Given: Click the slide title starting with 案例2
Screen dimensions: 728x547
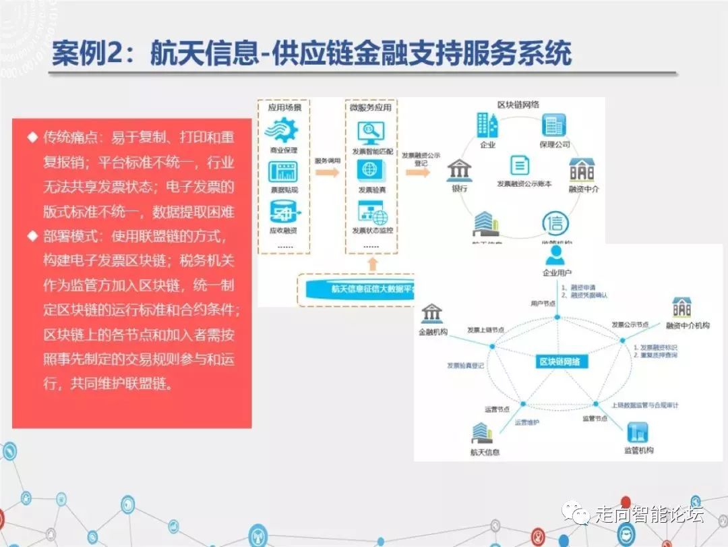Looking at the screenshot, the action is point(311,53).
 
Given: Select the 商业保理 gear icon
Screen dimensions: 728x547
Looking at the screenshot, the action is point(283,129).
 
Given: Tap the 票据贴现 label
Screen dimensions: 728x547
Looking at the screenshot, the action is point(283,190).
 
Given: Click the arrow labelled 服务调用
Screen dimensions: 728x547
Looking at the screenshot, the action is point(327,173).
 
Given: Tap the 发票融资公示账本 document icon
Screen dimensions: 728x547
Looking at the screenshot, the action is point(519,165).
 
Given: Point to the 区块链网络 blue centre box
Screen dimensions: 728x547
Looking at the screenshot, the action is point(560,362).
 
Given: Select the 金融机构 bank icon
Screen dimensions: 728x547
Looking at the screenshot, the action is point(431,314).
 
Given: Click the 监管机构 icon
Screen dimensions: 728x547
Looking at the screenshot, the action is point(637,432).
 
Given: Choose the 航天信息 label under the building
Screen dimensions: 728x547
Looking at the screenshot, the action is point(485,452).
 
